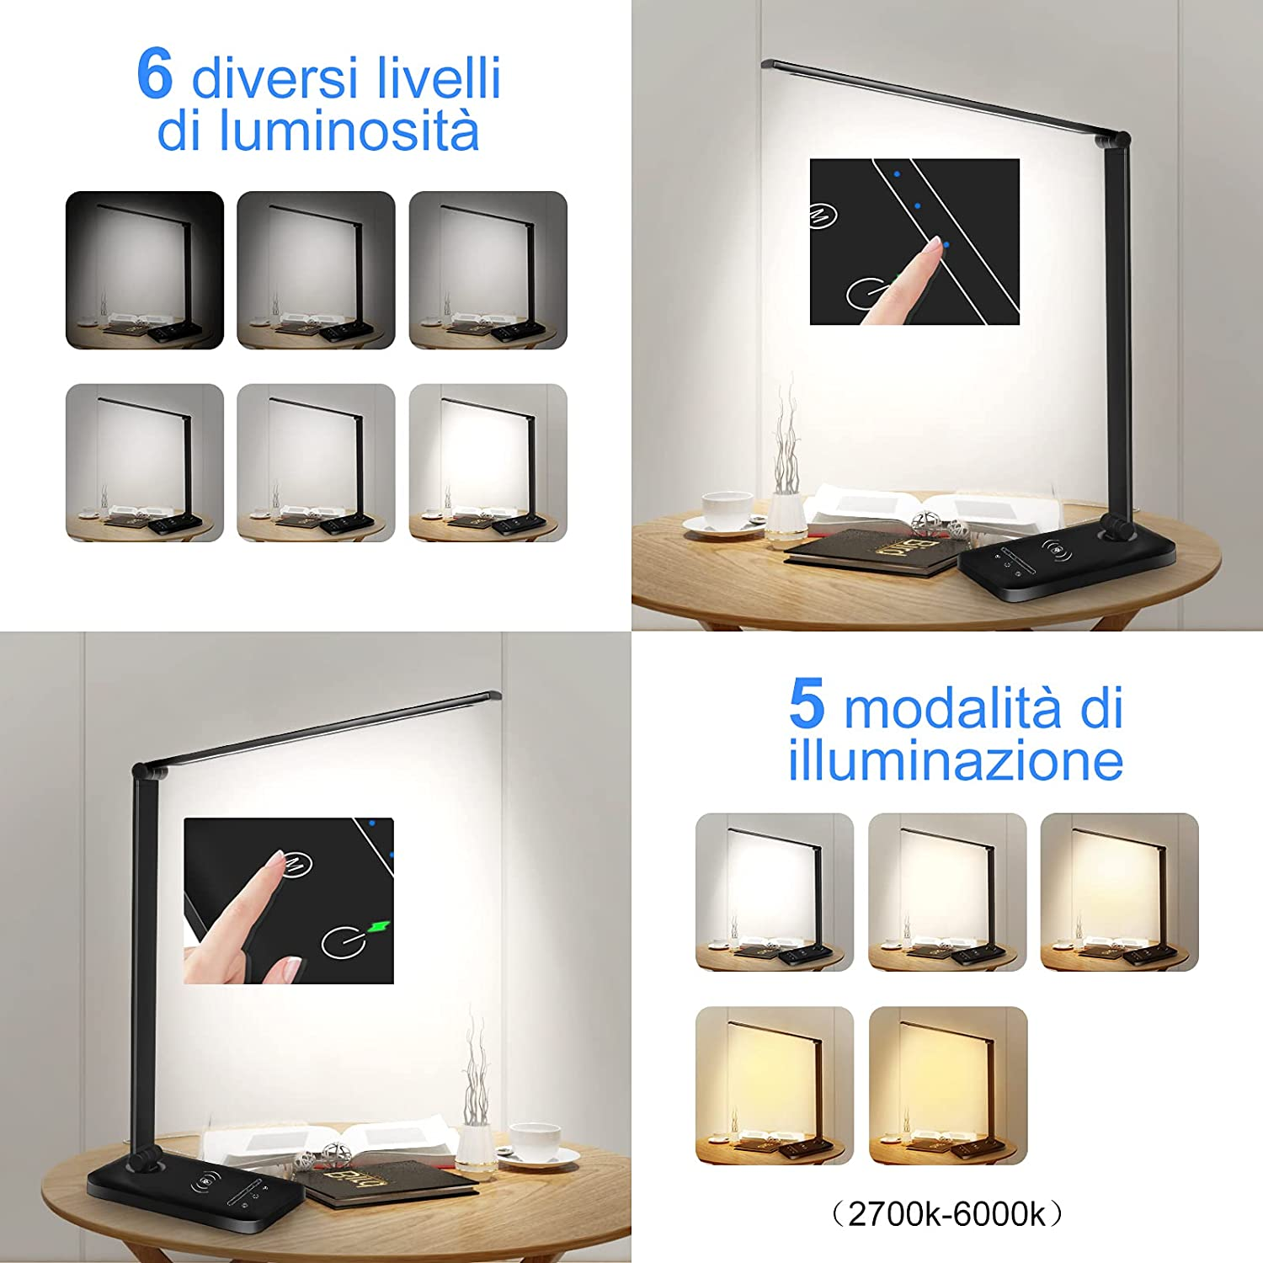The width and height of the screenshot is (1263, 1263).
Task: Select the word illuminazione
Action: point(956,759)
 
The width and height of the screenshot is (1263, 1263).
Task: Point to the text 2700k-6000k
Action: point(946,1213)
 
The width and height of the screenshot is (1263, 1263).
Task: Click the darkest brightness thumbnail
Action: point(145,270)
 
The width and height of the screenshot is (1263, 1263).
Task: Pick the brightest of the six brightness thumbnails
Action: point(488,462)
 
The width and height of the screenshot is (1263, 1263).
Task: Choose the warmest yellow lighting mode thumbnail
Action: point(948,1085)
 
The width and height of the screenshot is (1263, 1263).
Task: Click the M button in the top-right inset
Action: point(822,216)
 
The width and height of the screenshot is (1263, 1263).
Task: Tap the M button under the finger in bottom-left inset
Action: point(297,864)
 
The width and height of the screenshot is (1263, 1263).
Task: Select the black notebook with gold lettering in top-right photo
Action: point(876,555)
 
